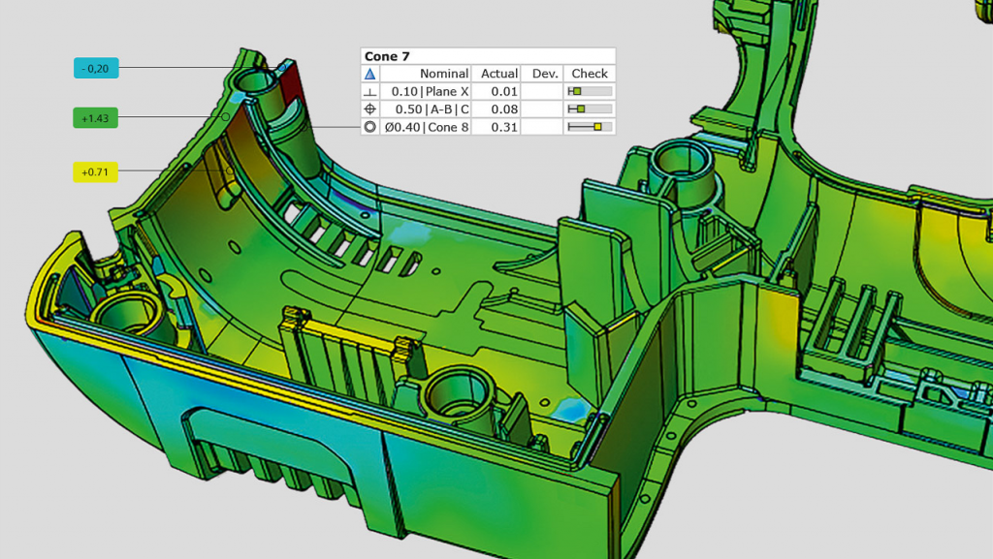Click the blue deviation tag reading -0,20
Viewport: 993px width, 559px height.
97,67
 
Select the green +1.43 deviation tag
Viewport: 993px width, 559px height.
95,117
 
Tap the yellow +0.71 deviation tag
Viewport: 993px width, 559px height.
95,171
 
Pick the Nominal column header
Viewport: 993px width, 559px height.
443,74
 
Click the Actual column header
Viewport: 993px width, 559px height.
498,74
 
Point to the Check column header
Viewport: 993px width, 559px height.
589,74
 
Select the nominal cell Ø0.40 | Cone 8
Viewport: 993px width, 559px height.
427,127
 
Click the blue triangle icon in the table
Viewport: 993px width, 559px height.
369,74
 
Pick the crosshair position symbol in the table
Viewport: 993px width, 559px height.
369,109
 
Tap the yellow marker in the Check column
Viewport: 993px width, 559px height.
597,127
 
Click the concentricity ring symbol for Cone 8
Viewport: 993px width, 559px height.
369,127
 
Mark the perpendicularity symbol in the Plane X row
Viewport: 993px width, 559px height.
369,91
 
